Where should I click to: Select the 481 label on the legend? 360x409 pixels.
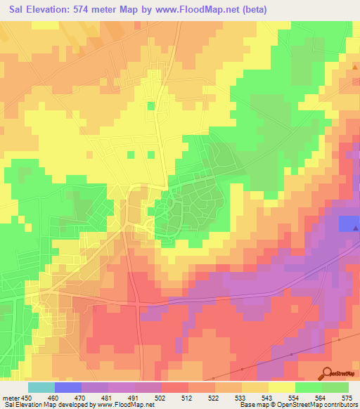pos(108,397)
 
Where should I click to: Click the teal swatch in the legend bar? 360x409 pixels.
pos(41,387)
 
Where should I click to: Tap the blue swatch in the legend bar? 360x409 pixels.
pos(68,387)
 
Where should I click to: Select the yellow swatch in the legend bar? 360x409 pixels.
pos(282,387)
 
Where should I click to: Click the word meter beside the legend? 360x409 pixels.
pos(11,397)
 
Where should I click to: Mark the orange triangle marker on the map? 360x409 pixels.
pos(356,69)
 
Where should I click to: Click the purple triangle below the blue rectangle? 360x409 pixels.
pos(356,228)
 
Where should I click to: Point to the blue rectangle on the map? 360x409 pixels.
pos(348,223)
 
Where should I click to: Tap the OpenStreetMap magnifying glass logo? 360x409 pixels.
pos(328,374)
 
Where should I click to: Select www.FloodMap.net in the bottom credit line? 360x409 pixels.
pos(131,405)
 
